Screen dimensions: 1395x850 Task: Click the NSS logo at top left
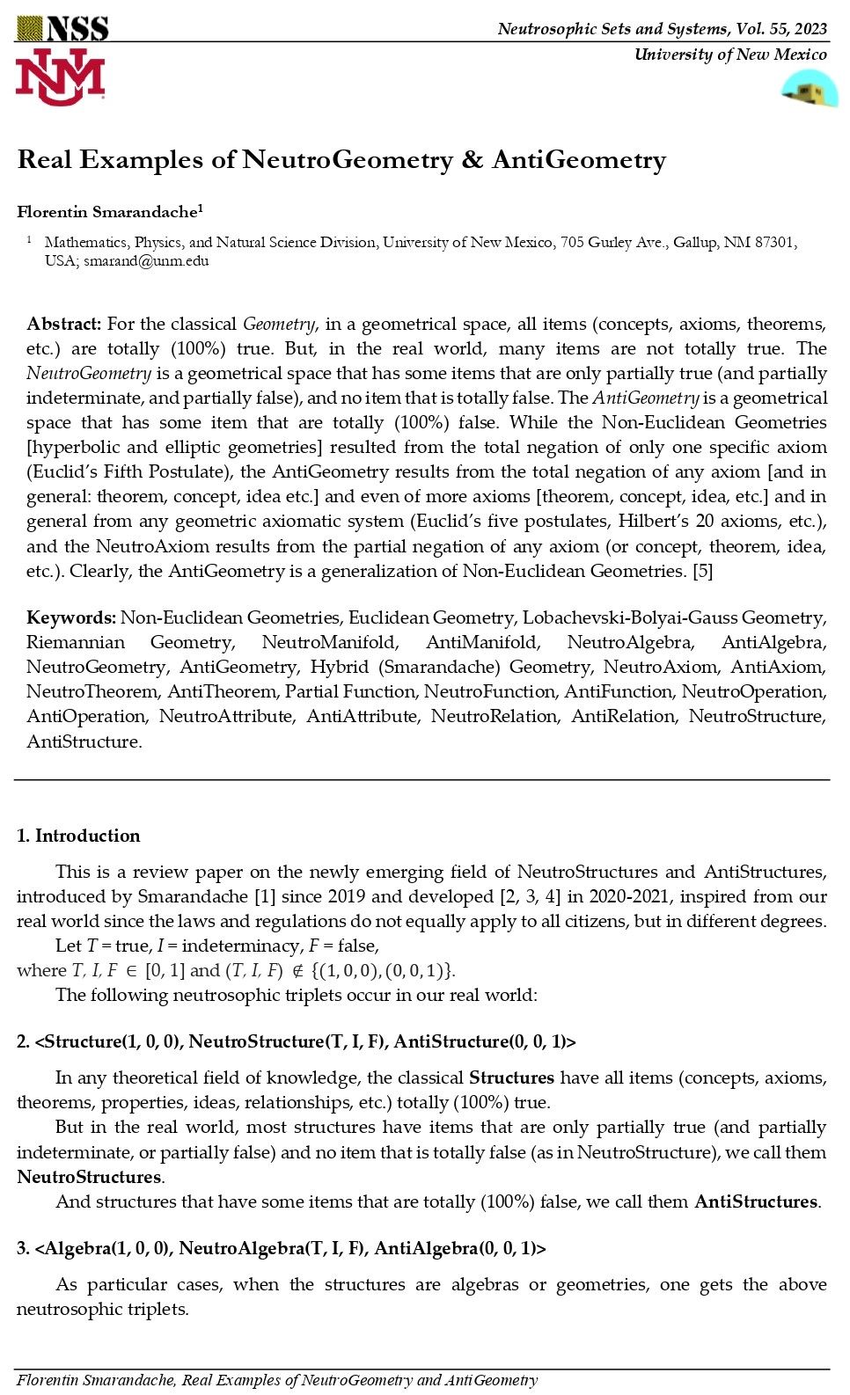pyautogui.click(x=62, y=28)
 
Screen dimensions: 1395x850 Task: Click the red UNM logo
pyautogui.click(x=60, y=77)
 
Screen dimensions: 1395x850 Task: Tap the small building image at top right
pyautogui.click(x=809, y=90)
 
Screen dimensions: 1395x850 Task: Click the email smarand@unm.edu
pyautogui.click(x=146, y=261)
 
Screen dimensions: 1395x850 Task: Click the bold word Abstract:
pyautogui.click(x=64, y=324)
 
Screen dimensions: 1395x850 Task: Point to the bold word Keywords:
pyautogui.click(x=71, y=617)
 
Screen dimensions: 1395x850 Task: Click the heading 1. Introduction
pyautogui.click(x=78, y=836)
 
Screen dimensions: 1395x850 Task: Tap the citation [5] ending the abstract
pyautogui.click(x=702, y=571)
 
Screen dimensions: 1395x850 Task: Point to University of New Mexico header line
pyautogui.click(x=730, y=55)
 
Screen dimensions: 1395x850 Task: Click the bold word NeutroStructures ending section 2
pyautogui.click(x=89, y=1177)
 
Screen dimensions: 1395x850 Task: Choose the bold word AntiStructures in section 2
pyautogui.click(x=756, y=1201)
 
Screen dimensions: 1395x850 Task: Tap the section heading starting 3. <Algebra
pyautogui.click(x=281, y=1248)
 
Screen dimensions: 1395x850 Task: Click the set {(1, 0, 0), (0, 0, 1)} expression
pyautogui.click(x=384, y=971)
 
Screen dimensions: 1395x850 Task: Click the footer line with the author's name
pyautogui.click(x=277, y=1380)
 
